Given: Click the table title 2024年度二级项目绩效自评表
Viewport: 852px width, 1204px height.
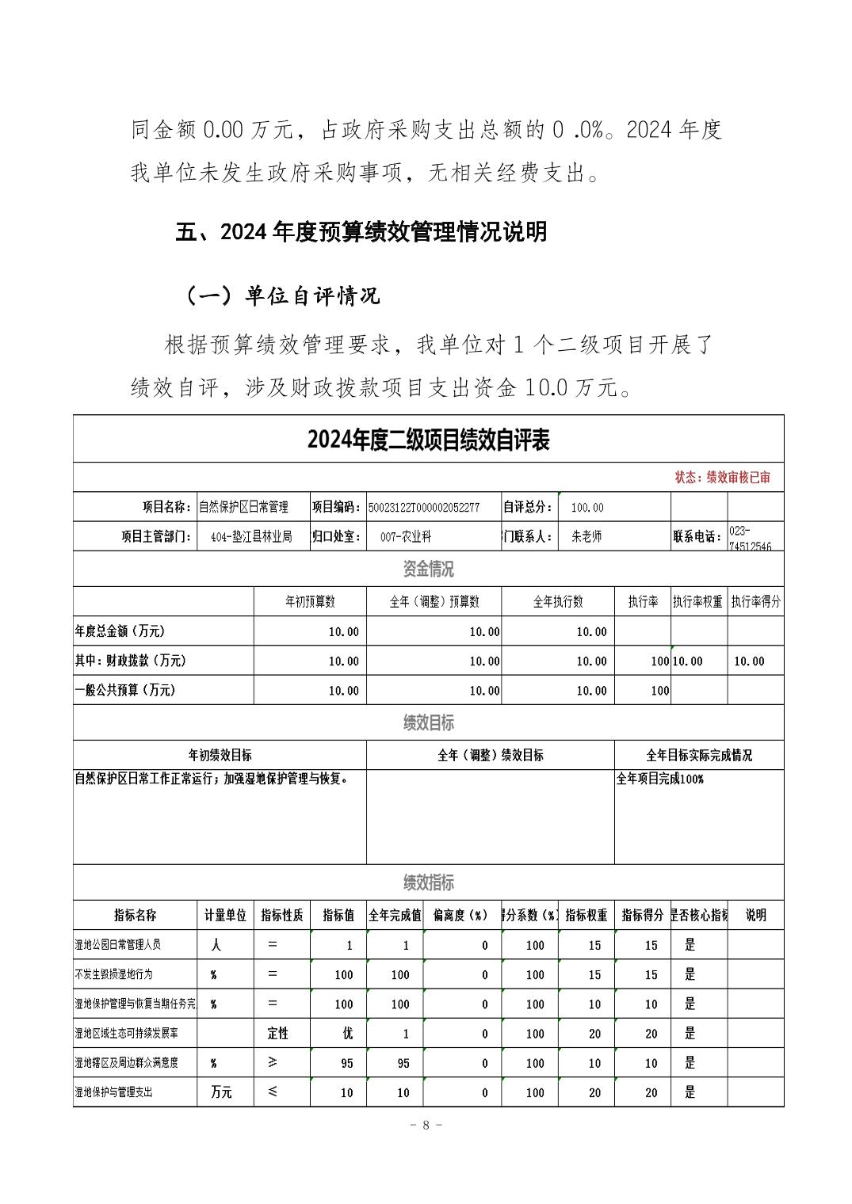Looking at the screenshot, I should coord(428,440).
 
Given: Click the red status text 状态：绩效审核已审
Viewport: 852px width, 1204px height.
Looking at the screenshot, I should coord(722,477).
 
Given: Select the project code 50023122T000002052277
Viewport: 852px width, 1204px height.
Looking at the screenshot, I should coord(423,507).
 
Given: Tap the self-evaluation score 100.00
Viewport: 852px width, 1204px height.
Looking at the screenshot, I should coord(586,507).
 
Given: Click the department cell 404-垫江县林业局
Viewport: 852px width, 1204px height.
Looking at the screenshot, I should coord(251,536).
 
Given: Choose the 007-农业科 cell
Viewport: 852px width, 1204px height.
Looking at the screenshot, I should coord(405,536).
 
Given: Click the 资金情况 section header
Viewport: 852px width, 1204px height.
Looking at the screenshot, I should coord(428,569).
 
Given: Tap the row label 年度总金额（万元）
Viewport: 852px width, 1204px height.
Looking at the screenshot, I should coord(120,631).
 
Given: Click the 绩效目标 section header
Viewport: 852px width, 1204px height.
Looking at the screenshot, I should coord(428,722).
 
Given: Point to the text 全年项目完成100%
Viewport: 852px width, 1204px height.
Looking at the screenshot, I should coord(659,779).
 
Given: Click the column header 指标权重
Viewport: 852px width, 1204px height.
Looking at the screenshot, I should coord(586,915).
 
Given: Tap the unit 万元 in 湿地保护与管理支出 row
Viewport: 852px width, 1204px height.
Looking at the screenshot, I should coord(221,1092).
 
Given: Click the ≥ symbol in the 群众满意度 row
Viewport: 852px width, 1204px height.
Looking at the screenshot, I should coord(272,1062).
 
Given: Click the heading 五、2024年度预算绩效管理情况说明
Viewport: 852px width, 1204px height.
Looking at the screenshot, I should coord(361,232).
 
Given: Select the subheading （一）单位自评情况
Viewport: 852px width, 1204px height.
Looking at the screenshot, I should coord(282,295).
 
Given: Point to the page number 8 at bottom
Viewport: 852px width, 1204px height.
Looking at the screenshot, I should coord(426,1125).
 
